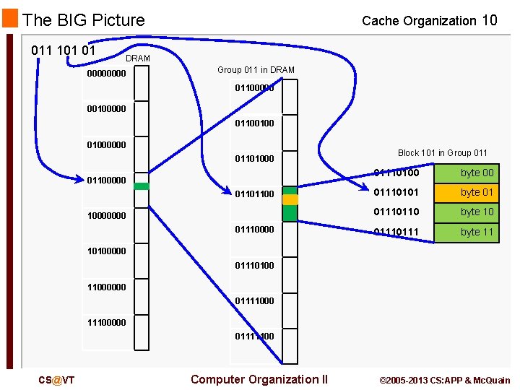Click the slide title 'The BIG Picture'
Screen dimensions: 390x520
tap(83, 20)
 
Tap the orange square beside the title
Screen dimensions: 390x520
tap(10, 18)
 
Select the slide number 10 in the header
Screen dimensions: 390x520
tap(489, 20)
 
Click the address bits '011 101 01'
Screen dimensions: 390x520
tap(64, 51)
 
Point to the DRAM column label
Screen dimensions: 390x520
tap(137, 58)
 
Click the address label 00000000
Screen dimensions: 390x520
tap(106, 74)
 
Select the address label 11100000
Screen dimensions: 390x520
tap(106, 323)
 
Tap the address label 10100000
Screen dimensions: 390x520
tap(106, 251)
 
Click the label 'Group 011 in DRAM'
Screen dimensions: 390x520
tap(256, 70)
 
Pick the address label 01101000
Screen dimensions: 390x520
tap(254, 159)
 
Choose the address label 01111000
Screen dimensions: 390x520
tap(254, 301)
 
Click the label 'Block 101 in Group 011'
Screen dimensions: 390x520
tap(443, 153)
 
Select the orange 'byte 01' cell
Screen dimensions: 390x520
tap(477, 192)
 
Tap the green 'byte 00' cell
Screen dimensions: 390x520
tap(477, 173)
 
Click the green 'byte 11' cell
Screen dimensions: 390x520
tap(477, 232)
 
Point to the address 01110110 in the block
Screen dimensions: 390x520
tap(395, 212)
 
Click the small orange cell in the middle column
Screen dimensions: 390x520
tap(290, 199)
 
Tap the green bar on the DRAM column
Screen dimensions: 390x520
tap(142, 186)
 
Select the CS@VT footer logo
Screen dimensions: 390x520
tap(56, 380)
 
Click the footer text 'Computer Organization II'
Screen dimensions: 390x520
tap(259, 379)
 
